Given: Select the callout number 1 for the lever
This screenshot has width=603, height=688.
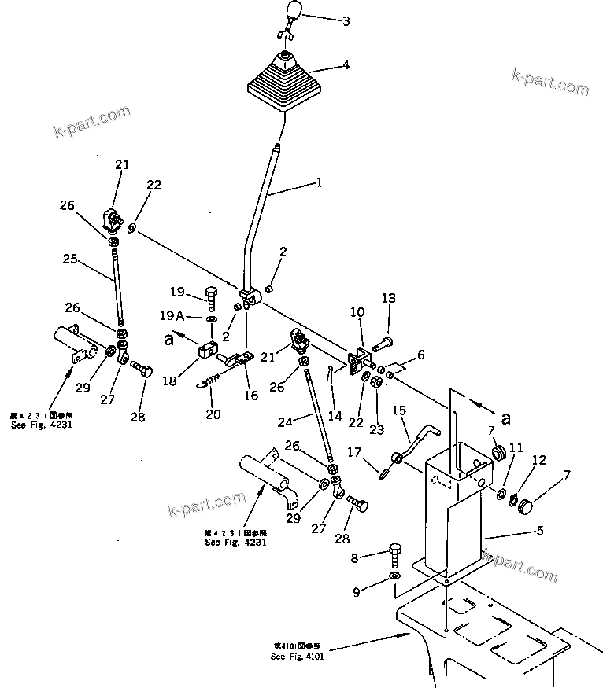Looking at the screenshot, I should (319, 183).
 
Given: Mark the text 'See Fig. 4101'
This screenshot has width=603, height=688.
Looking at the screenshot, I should (298, 656).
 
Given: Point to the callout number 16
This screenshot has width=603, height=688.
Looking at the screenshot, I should (250, 396).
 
